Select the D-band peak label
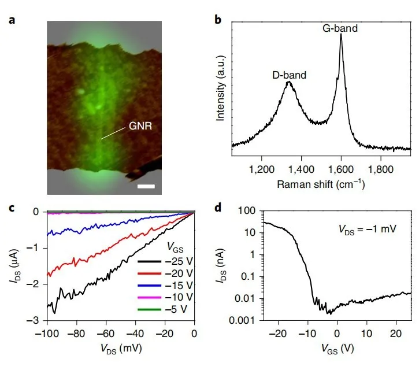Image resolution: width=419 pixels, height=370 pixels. click(289, 75)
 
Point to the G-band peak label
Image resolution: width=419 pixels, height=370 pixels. click(342, 25)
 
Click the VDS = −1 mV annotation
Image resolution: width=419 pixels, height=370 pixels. click(366, 229)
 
